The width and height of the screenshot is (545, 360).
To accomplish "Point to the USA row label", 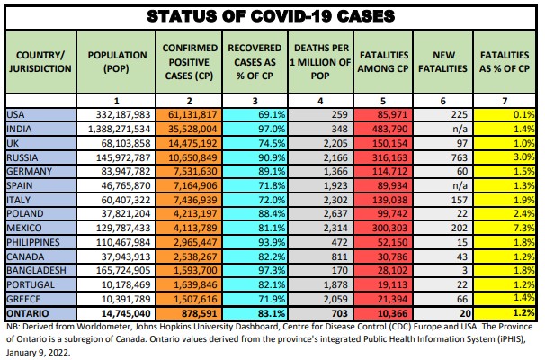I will pyautogui.click(x=15, y=115).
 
